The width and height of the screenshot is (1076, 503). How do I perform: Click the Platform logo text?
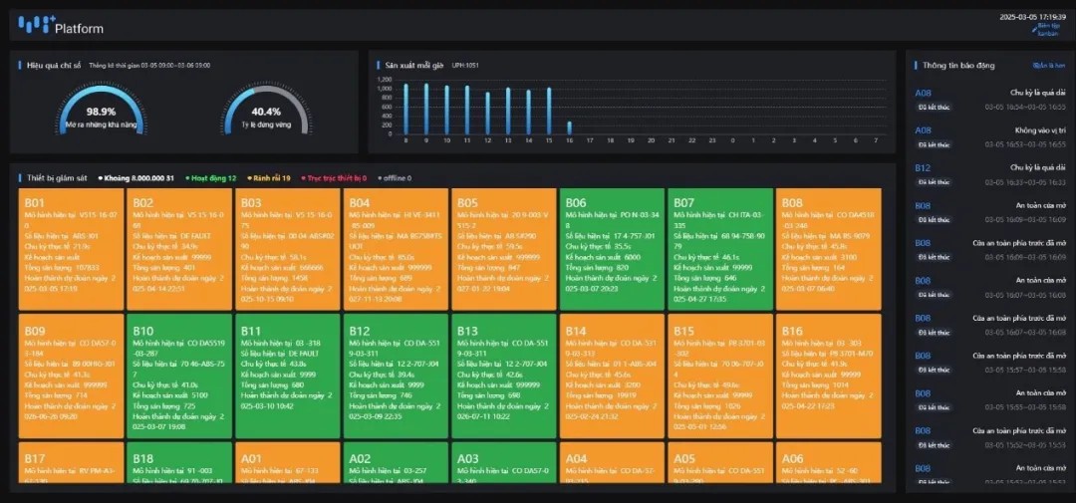(x=79, y=28)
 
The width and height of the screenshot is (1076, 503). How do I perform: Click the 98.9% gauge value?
(x=101, y=112)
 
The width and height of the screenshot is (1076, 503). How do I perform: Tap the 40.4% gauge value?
(x=266, y=112)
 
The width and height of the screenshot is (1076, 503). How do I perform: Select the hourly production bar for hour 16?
(x=570, y=127)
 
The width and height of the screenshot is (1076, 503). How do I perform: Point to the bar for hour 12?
(x=487, y=113)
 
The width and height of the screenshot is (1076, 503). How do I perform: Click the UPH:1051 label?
(x=465, y=65)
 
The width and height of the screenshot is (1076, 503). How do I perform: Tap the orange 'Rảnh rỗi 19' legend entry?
(x=268, y=178)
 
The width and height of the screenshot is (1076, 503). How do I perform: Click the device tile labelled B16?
(x=828, y=377)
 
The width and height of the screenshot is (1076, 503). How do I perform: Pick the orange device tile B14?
(x=611, y=377)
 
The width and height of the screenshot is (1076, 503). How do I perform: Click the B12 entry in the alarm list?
(x=923, y=168)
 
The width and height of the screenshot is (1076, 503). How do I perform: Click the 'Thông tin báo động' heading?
(x=958, y=65)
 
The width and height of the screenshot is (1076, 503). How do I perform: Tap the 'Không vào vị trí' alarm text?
(x=1040, y=130)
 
